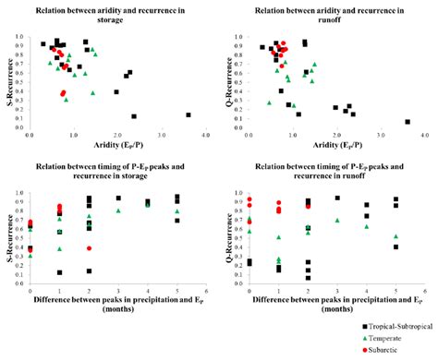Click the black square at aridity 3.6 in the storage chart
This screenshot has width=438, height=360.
click(x=188, y=115)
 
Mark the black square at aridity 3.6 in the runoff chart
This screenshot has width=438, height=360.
click(x=408, y=122)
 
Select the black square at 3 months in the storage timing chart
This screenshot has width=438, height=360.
click(x=118, y=198)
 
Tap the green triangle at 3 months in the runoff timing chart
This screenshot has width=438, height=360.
click(x=337, y=220)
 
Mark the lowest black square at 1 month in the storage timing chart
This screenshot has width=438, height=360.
click(x=60, y=272)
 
